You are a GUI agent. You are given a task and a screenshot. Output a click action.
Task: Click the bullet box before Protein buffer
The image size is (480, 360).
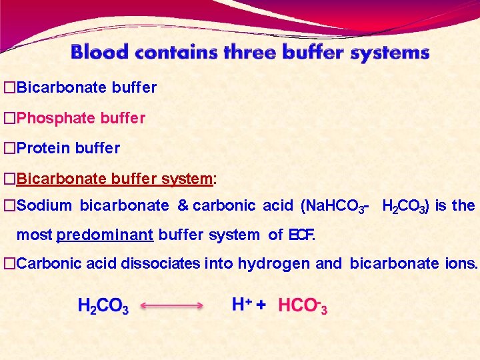tap(9, 148)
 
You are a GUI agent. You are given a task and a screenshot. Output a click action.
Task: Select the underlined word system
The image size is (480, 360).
tap(187, 179)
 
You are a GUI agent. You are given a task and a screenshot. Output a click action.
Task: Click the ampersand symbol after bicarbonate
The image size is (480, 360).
tap(183, 206)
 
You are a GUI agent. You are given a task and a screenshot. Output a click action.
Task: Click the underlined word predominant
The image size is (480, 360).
tap(105, 235)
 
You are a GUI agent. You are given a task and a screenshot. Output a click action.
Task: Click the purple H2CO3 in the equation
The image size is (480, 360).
tap(103, 307)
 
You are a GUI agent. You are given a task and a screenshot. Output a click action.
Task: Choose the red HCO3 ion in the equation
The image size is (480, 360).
tap(302, 306)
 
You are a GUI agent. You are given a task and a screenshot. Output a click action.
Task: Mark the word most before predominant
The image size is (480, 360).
tap(35, 235)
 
